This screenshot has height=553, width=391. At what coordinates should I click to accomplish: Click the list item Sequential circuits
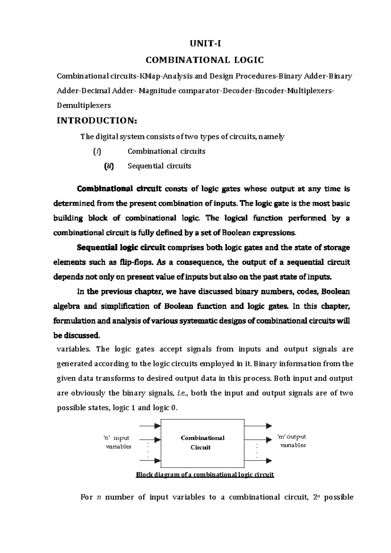(159, 166)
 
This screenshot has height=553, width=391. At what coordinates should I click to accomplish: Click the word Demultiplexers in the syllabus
(84, 105)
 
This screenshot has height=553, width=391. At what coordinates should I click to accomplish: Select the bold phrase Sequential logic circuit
(121, 247)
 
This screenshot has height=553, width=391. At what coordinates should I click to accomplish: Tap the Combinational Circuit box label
(202, 442)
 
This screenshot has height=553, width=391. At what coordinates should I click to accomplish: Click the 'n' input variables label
(117, 442)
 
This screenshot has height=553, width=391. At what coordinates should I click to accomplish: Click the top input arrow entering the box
(150, 426)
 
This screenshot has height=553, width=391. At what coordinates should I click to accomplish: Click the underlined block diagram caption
(205, 475)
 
